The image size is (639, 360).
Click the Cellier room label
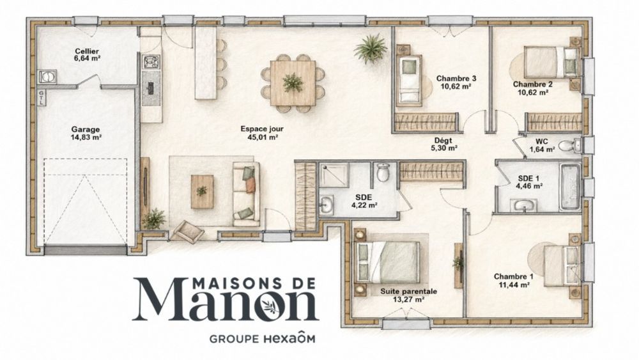[x=87, y=51]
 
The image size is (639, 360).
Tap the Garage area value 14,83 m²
[x=86, y=137]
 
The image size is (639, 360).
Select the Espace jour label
[x=262, y=129]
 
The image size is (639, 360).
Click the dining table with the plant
[x=293, y=82]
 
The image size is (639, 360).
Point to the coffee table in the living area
[x=202, y=192]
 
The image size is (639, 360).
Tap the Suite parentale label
[x=409, y=292]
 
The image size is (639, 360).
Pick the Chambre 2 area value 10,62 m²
[x=533, y=93]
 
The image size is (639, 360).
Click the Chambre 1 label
[x=514, y=276]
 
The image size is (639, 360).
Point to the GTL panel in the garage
[x=42, y=98]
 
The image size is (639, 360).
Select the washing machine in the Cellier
[x=47, y=76]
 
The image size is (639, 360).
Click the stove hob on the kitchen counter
[x=151, y=61]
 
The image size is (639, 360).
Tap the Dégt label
[x=443, y=141]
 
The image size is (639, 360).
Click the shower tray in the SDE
[x=334, y=175]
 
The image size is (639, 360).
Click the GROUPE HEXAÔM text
[x=262, y=338]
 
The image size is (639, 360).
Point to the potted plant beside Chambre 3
[x=370, y=49]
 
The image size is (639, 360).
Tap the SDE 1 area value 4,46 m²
[x=529, y=186]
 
